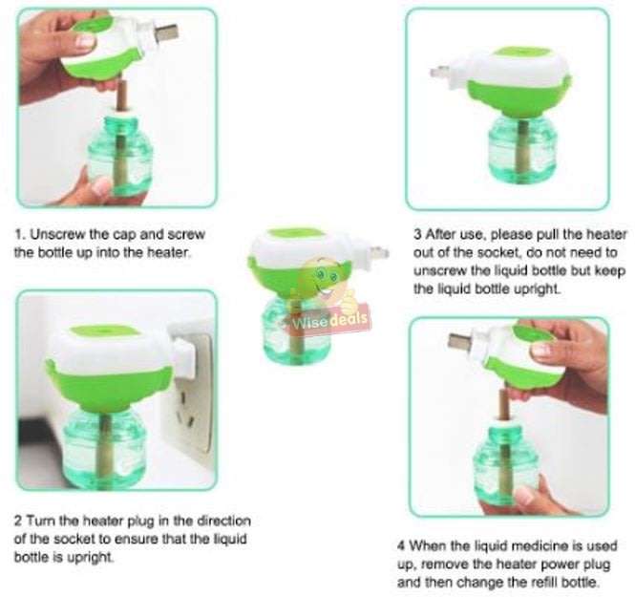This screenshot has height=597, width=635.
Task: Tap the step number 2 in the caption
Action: point(18,521)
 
